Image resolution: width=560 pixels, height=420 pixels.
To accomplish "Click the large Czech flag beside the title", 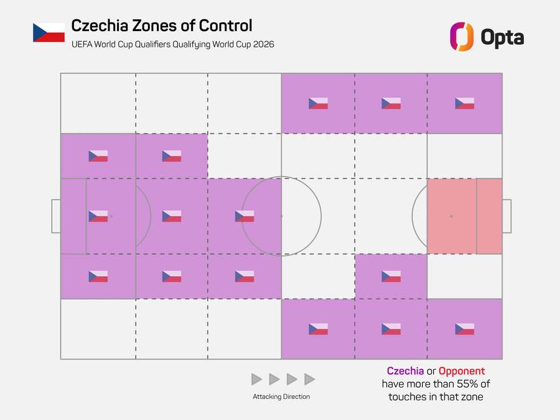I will [x=49, y=32].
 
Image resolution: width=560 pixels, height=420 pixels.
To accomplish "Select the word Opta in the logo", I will [x=502, y=37].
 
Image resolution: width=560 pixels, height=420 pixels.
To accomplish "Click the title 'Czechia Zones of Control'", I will [x=162, y=26].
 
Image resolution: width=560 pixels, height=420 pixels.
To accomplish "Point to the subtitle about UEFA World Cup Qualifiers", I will [x=172, y=45].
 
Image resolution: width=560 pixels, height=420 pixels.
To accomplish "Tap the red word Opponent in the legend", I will [x=462, y=371].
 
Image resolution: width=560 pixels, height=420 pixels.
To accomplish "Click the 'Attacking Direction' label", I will [x=281, y=396].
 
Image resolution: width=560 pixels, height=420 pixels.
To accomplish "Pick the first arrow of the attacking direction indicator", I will [x=256, y=379].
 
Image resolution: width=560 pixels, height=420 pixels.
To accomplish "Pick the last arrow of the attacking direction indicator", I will [x=310, y=379].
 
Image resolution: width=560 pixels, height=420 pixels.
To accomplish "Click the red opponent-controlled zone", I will [x=464, y=216].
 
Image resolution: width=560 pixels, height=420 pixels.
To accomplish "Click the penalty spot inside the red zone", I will [x=451, y=216].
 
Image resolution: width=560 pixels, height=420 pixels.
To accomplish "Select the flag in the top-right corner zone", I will [x=464, y=103].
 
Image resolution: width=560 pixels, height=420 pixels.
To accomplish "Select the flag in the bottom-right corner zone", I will [x=464, y=329].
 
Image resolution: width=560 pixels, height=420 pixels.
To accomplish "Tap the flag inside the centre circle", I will [x=245, y=216].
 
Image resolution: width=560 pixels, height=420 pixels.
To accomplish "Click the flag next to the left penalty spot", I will [x=98, y=216].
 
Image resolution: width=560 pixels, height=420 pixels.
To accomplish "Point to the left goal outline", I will [x=55, y=216].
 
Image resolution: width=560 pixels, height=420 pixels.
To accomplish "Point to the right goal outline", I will [x=506, y=216].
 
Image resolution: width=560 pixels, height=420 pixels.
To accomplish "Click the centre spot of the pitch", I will [x=281, y=216].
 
